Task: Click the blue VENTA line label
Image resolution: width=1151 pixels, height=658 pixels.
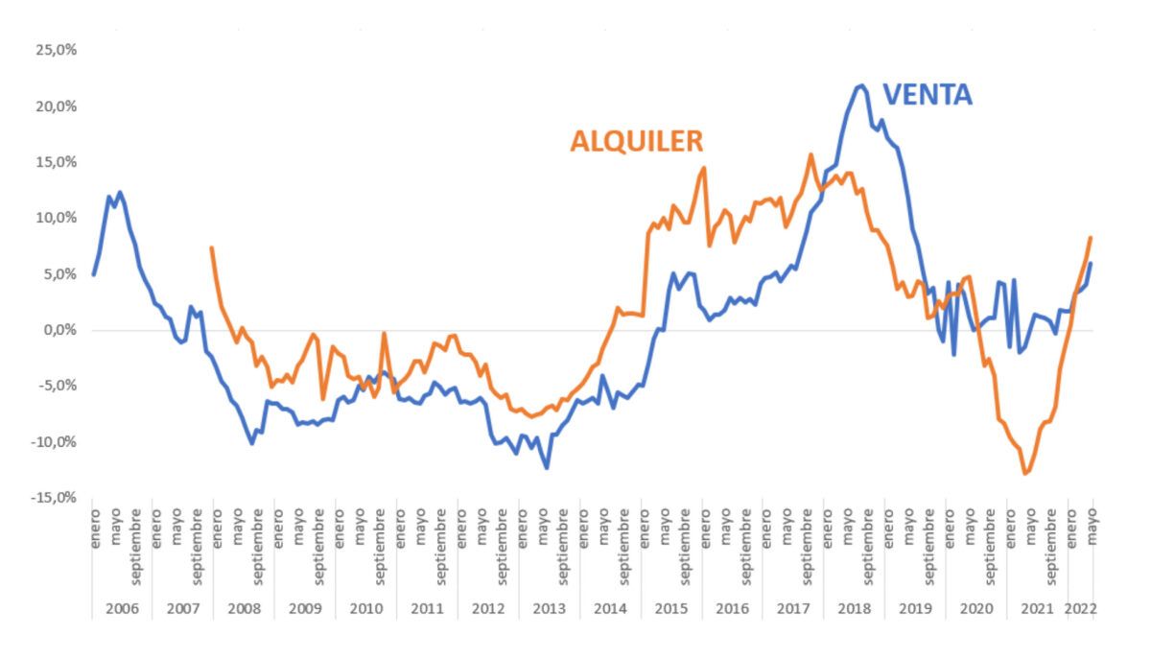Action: coord(927,94)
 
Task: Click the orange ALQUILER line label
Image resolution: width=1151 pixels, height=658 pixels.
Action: coord(637,141)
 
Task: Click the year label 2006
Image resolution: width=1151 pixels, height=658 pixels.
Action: coord(122,609)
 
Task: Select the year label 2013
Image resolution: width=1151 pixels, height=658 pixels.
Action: coord(549,609)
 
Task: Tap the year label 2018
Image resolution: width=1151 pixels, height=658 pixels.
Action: coord(854,609)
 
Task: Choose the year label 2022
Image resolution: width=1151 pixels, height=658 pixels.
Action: coord(1082,609)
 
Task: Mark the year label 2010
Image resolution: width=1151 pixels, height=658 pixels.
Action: coord(365,609)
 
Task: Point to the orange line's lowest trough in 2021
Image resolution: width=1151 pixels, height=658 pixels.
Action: coord(1025,474)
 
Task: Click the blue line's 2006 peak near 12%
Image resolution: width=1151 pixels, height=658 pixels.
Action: coord(120,192)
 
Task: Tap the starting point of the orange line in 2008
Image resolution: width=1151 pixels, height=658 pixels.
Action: coord(211,247)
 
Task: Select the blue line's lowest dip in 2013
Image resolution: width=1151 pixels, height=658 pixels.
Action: coord(547,468)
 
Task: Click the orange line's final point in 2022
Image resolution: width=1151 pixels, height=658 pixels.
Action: coord(1091,237)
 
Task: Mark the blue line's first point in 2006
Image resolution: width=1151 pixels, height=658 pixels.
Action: coord(93,274)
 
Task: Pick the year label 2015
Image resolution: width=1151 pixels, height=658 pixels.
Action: coord(670,609)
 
